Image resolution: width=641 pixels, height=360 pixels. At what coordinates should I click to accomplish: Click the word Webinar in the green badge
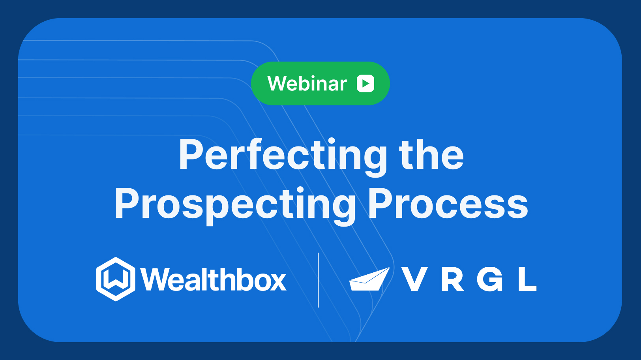click(307, 84)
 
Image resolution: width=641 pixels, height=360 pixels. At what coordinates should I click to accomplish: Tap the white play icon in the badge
click(365, 83)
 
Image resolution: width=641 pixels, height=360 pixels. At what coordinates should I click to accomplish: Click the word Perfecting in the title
click(283, 156)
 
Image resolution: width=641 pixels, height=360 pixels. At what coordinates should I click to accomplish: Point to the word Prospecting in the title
click(235, 204)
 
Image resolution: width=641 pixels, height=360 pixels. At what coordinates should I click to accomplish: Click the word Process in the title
click(448, 204)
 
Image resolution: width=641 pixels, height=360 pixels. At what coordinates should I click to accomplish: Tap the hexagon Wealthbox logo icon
click(116, 279)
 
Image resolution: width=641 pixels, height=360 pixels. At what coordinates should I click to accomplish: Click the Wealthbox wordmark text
click(213, 280)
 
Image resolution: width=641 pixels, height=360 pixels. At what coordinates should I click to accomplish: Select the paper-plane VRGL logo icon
click(369, 279)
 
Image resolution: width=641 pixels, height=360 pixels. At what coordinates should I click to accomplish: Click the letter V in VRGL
click(414, 279)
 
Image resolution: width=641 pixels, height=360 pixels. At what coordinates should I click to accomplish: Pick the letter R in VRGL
click(452, 279)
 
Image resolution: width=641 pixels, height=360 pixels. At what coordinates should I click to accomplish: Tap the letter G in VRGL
click(490, 279)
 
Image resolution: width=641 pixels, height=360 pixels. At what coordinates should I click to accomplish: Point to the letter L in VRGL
click(527, 279)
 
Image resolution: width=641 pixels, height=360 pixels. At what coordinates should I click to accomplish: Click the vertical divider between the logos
click(318, 280)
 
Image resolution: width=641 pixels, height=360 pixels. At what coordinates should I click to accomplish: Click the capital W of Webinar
click(278, 84)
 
